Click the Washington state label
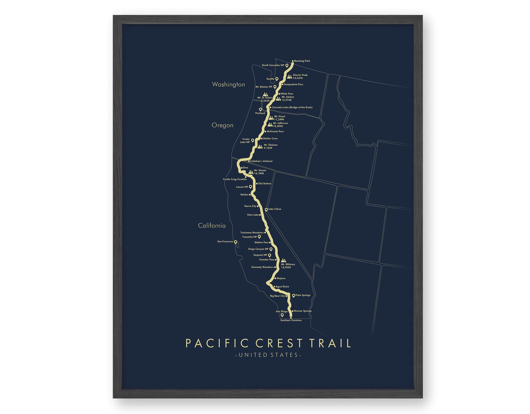(x=228, y=85)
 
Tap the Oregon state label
(x=222, y=125)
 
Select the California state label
(x=212, y=226)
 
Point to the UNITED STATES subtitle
(x=268, y=355)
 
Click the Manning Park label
(x=302, y=61)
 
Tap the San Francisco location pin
(x=235, y=242)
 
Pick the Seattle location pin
(x=277, y=79)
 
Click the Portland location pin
(x=260, y=109)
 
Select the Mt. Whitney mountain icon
(x=283, y=260)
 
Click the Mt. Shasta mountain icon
(x=251, y=172)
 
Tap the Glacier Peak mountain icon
(x=289, y=77)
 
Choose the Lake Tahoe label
(x=275, y=209)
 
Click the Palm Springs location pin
(x=293, y=295)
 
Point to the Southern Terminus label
(x=291, y=320)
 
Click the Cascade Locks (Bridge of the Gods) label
(x=292, y=108)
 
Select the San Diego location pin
(x=282, y=315)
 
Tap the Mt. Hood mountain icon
(x=271, y=118)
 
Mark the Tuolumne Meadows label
(x=252, y=233)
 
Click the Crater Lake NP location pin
(x=253, y=140)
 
